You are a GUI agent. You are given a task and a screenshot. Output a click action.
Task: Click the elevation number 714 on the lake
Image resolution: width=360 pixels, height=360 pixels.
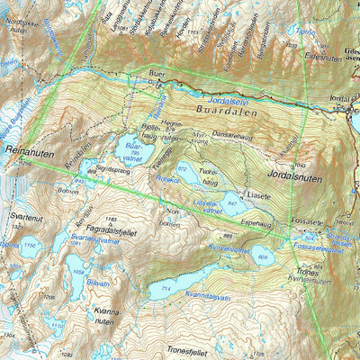165,286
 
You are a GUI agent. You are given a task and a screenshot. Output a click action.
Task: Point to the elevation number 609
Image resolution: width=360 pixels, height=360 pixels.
263,257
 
